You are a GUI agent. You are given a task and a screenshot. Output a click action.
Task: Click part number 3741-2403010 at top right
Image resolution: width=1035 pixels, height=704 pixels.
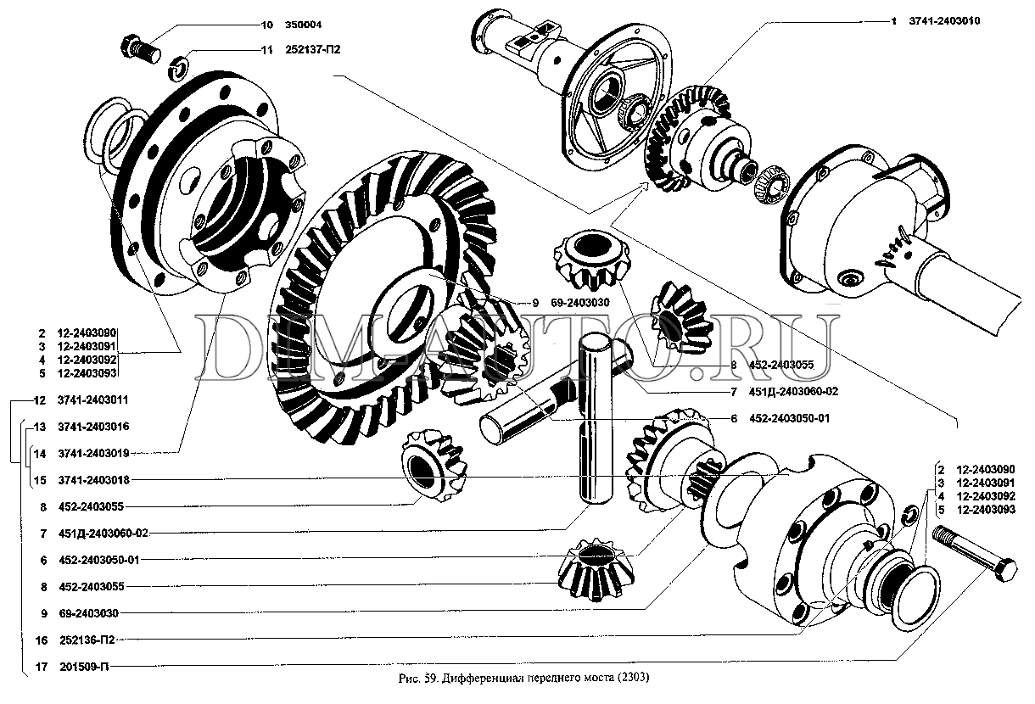pos(944,21)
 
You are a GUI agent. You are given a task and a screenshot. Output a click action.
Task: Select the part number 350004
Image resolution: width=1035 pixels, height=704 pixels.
pos(303,25)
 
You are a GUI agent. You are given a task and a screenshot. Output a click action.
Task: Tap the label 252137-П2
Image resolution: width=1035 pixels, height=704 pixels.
pos(313,50)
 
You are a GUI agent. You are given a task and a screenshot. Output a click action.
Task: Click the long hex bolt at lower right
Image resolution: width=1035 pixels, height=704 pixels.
pos(974,554)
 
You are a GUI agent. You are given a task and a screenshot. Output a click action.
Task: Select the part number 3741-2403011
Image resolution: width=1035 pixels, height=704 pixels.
pos(92,400)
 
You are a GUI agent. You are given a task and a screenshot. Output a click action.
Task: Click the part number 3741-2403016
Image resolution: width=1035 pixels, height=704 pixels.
pos(93,427)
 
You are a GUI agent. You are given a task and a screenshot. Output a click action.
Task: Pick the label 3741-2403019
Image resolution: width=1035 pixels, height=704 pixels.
pos(93,454)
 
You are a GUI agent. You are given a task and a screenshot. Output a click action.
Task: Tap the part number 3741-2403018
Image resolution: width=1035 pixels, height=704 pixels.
pos(93,480)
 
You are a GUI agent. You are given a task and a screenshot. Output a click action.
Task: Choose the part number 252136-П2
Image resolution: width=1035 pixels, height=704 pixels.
pos(87,640)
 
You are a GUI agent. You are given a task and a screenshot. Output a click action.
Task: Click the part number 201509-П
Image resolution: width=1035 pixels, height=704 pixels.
pos(84,667)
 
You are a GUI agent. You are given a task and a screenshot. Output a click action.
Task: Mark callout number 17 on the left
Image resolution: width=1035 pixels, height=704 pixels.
pos(42,667)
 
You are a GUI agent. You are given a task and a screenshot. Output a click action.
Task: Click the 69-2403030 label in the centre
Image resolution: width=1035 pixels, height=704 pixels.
pos(580,303)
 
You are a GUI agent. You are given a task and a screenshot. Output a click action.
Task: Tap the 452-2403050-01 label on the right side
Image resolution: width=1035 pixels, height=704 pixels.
pos(789,418)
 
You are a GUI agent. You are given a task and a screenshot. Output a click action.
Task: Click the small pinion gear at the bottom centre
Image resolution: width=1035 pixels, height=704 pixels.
pos(596,569)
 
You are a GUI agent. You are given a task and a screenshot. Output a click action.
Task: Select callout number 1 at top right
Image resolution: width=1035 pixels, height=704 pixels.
pos(893,21)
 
